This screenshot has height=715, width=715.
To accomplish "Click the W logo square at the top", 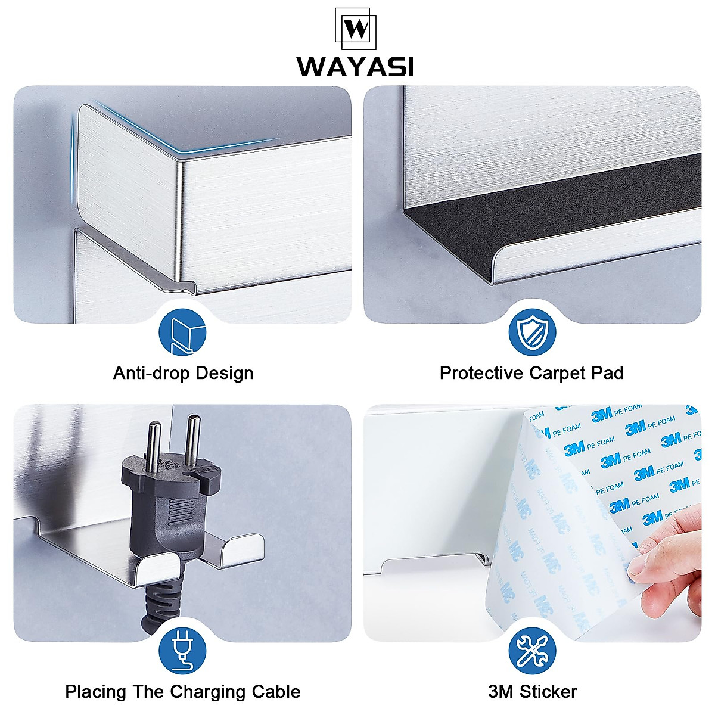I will click(356, 29).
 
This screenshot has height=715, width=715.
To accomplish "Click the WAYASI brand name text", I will click(356, 67).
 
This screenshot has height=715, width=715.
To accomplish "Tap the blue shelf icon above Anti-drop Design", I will click(182, 333).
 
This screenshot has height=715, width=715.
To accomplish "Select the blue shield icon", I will click(531, 333).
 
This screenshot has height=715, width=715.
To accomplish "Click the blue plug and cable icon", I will click(182, 651).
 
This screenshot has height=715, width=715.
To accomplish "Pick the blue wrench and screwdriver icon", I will click(531, 651).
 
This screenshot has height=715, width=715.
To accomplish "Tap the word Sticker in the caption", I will click(548, 692).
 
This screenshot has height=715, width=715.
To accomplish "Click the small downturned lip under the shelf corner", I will click(181, 287).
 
